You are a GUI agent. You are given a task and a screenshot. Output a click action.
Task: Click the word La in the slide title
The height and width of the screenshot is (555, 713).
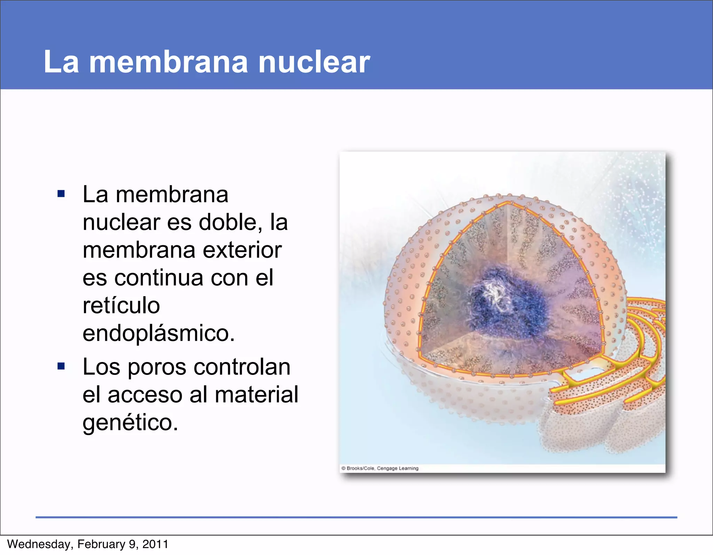click(61, 62)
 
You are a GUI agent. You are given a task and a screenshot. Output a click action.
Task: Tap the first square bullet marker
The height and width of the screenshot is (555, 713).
click(61, 194)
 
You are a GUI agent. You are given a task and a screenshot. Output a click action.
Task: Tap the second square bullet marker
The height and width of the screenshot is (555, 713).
click(61, 366)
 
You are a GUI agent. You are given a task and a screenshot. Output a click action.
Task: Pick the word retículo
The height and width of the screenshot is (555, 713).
click(121, 306)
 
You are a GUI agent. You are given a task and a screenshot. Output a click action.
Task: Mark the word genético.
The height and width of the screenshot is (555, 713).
click(130, 423)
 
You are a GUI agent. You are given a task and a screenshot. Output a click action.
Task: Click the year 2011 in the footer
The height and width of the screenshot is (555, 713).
click(155, 544)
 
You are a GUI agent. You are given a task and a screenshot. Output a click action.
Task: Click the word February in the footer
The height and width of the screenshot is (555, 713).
click(101, 544)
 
